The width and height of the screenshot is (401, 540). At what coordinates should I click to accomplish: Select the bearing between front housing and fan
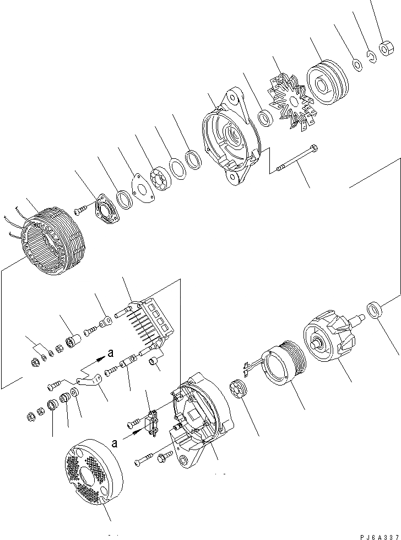(x=267, y=117)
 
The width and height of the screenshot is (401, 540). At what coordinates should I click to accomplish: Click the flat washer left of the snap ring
(x=357, y=65)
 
